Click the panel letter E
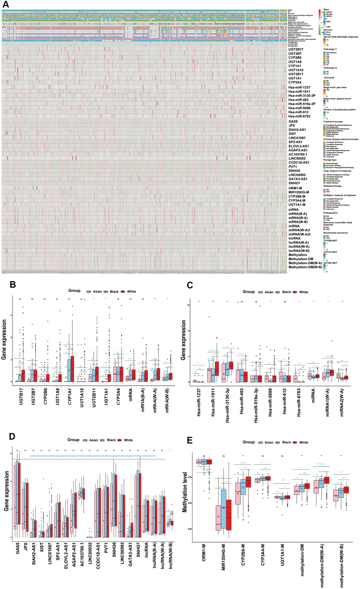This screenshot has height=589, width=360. click(x=190, y=440)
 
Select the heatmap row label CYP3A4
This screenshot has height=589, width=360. click(x=295, y=82)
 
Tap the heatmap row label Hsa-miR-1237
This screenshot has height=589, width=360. click(x=299, y=87)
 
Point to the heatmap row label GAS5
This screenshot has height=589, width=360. click(x=293, y=121)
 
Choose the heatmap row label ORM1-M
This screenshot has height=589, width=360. click(x=295, y=188)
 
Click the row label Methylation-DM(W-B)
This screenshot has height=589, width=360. click(x=305, y=267)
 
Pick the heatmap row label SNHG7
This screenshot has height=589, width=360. click(x=294, y=183)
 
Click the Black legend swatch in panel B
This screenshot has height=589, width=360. click(x=106, y=292)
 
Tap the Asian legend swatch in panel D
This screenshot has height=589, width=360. click(x=85, y=440)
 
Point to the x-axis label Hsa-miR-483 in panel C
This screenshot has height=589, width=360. click(x=242, y=400)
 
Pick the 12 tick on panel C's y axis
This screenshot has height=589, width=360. click(x=188, y=305)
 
